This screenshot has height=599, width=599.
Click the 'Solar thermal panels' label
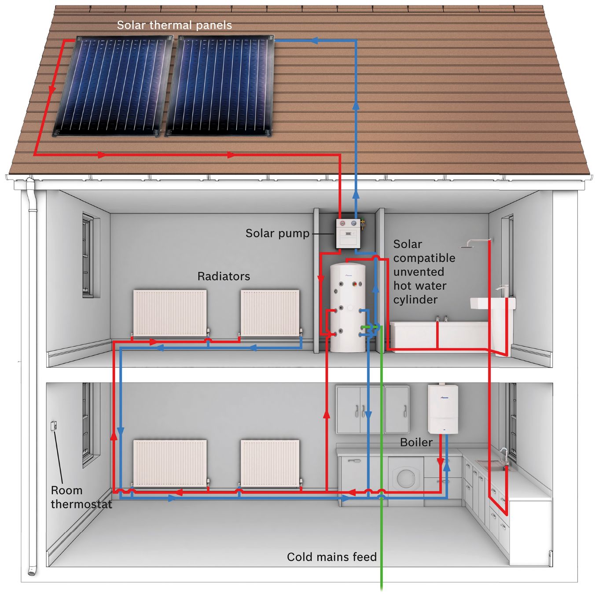pos(174,25)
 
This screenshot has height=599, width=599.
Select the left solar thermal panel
pos(113,86)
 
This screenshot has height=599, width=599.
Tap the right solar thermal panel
pos(220,86)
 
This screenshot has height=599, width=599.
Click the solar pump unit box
pos(348,233)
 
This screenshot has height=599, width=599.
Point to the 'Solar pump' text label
pos(277,233)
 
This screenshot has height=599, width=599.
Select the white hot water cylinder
pos(348,308)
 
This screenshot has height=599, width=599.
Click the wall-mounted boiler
pos(443,409)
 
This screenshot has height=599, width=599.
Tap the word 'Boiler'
pos(416,442)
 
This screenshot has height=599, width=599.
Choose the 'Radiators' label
pos(224,276)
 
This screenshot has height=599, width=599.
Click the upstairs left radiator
pos(170,313)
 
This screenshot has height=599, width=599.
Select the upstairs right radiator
pos(270,313)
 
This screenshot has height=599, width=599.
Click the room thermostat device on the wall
pos(54,426)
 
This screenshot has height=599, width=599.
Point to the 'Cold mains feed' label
pos(332,557)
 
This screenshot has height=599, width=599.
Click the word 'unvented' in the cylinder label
pos(419,272)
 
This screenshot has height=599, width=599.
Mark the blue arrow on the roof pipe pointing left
pos(314,40)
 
